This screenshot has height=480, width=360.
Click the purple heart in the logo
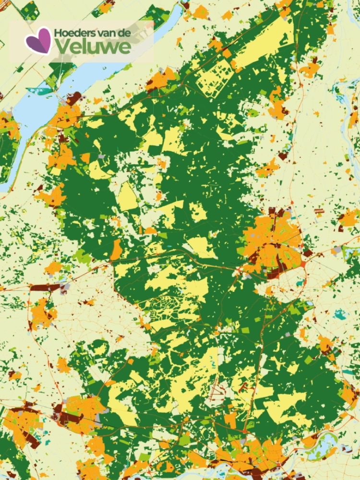point(38,40)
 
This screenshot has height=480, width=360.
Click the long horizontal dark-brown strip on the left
point(46,288)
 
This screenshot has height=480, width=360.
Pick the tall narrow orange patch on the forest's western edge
point(116,250)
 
